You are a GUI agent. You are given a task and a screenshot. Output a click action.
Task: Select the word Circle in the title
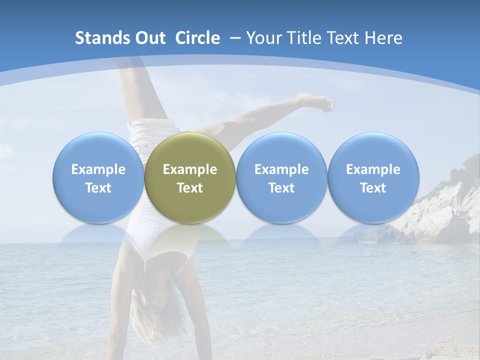197,38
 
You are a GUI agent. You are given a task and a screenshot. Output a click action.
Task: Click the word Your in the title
263,38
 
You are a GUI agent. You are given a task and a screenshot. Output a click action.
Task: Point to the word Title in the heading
302,38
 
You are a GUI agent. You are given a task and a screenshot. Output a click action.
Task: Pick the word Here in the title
383,38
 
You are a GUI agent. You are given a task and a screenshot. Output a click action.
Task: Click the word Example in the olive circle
190,169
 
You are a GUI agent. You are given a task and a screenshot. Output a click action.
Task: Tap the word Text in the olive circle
190,188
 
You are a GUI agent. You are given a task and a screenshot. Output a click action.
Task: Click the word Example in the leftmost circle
98,169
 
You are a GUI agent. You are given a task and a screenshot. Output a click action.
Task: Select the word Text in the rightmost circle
373,188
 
